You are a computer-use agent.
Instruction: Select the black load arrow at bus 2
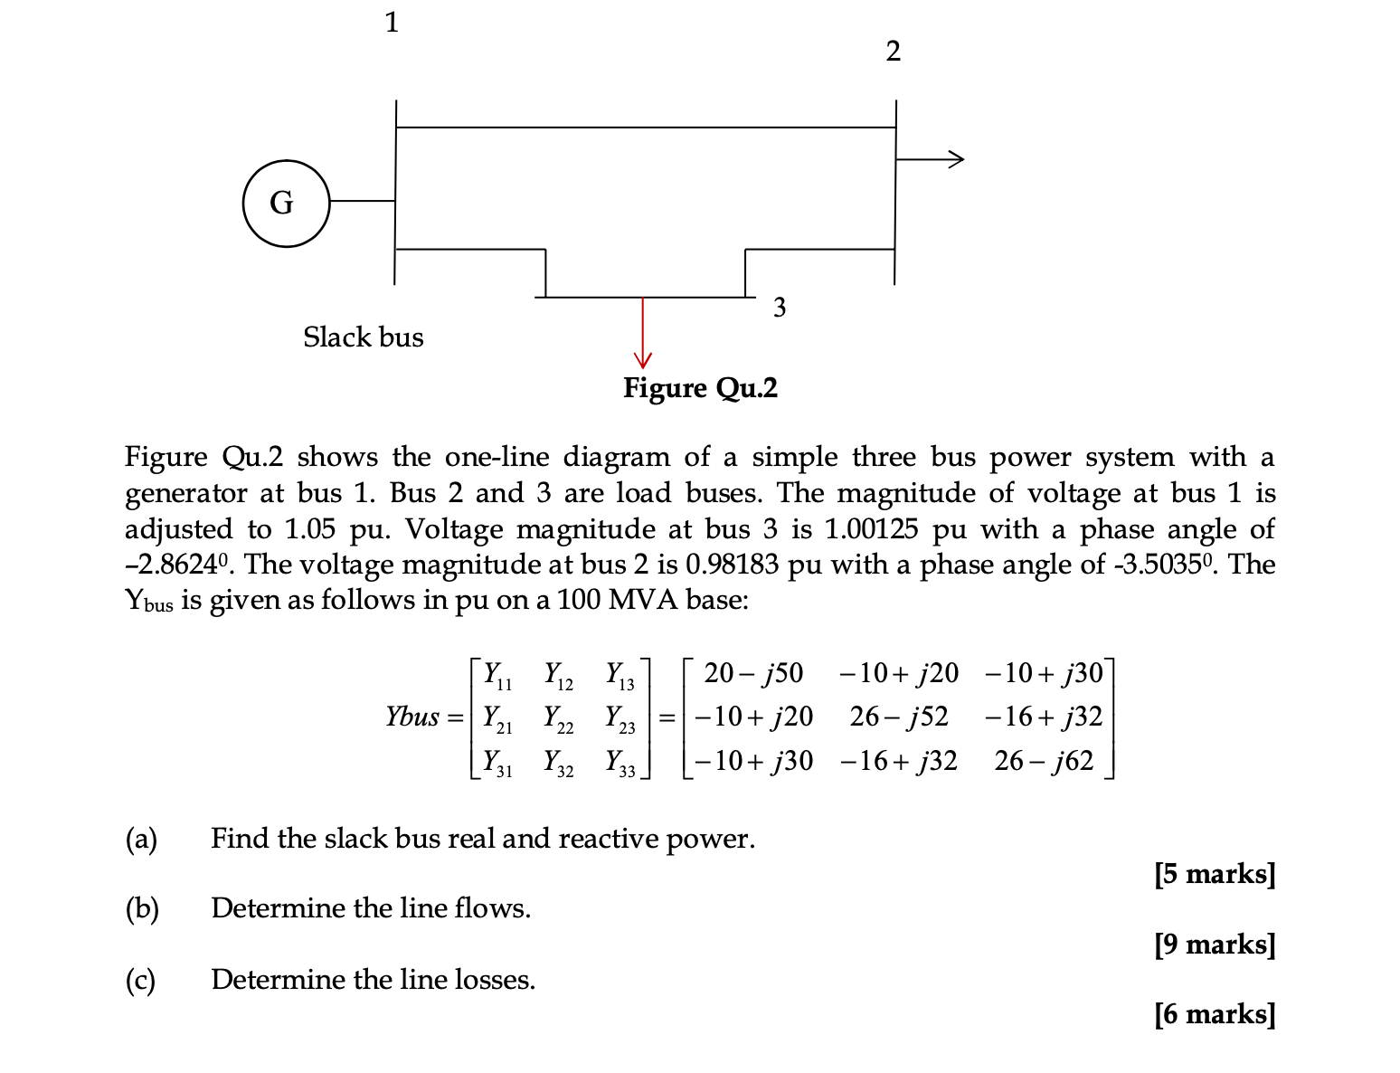[932, 159]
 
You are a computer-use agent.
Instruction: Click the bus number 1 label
[392, 23]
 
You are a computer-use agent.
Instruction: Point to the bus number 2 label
[893, 52]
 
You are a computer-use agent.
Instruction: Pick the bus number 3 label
[780, 308]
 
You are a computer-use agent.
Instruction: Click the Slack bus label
[363, 337]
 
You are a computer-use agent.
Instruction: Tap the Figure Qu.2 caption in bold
[700, 388]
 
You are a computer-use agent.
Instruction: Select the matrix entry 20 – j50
[752, 673]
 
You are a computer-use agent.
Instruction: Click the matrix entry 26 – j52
[899, 717]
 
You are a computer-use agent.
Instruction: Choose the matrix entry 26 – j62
[1044, 761]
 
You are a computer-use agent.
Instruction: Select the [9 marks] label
[1215, 945]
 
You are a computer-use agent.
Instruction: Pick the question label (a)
[141, 839]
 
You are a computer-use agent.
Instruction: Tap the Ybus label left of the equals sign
[412, 717]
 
